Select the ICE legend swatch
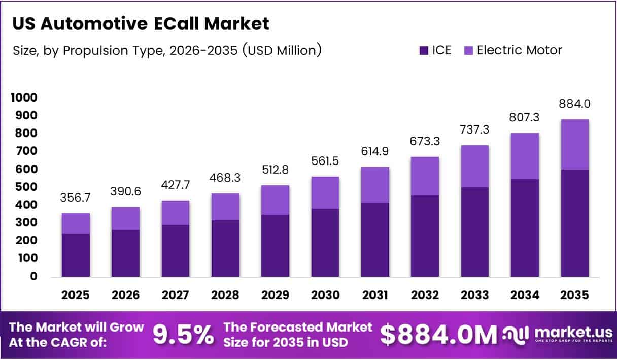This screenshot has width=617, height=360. click(x=424, y=50)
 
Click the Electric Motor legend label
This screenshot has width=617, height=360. click(x=519, y=50)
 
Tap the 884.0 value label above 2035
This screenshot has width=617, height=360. click(x=574, y=104)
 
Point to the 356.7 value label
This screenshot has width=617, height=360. click(x=76, y=197)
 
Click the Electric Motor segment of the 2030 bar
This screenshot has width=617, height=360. click(x=325, y=192)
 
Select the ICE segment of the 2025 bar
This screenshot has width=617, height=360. click(x=76, y=255)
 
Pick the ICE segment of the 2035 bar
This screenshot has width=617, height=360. click(x=574, y=223)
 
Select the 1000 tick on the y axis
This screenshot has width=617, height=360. click(x=24, y=97)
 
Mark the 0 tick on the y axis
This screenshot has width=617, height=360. click(x=33, y=276)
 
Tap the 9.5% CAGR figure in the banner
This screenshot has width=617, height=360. click(x=183, y=335)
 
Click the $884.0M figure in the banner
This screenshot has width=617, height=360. click(x=438, y=335)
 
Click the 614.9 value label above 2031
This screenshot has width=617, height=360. click(x=375, y=152)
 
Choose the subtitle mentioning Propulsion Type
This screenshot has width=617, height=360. click(x=164, y=51)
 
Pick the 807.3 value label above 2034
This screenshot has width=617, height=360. click(x=524, y=117)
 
